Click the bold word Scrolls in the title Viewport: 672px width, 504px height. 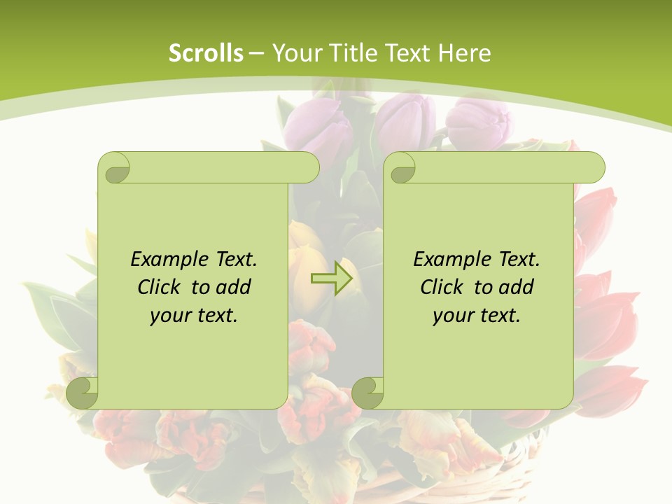pos(206,53)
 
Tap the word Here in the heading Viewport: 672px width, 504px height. pos(464,53)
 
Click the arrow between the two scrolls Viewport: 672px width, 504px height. pos(332,279)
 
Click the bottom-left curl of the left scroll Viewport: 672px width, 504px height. pos(83,393)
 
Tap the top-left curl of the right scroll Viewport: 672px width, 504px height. pos(400,167)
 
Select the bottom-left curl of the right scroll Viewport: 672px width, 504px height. pos(368,393)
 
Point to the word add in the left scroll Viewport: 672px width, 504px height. pos(234,287)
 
